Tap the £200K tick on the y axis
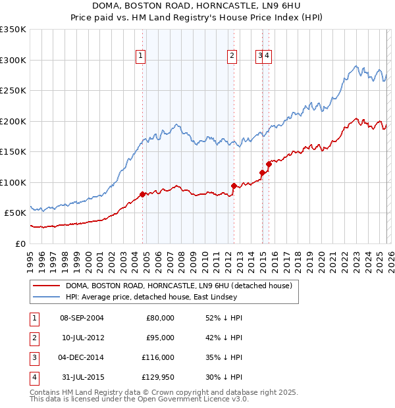click(13, 121)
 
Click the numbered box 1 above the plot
click(141, 57)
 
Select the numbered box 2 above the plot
click(232, 57)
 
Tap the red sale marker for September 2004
click(143, 194)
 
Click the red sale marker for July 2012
click(234, 186)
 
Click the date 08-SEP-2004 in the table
click(82, 318)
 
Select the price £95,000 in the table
click(160, 338)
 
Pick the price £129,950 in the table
click(157, 377)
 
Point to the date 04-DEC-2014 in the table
click(82, 357)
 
